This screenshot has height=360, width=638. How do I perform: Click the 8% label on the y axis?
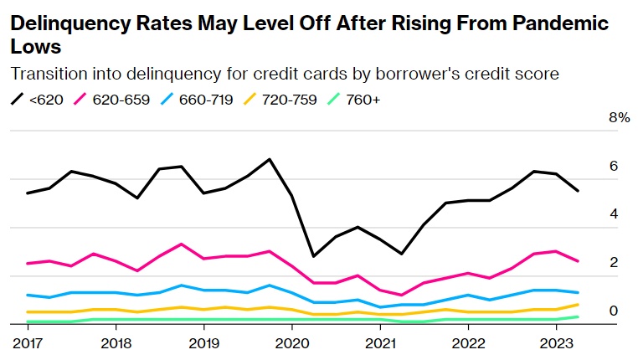point(619,118)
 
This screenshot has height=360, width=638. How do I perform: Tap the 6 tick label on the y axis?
point(614,167)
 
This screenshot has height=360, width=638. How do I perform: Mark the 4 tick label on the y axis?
point(614,214)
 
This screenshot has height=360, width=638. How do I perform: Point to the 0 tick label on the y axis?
point(614,311)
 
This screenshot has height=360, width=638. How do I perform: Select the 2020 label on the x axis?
point(292,343)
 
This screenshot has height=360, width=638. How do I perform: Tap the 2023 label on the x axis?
point(556,343)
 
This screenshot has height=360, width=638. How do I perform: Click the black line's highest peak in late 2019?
point(269,159)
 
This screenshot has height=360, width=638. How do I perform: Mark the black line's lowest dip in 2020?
point(313,256)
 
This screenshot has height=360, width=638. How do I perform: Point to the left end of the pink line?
point(28,264)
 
